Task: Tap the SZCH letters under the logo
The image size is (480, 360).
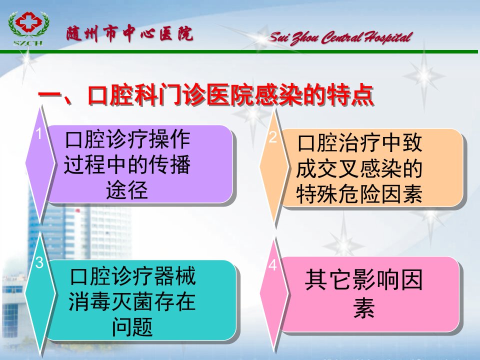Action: [28, 43]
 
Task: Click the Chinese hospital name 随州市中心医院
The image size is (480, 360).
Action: [129, 33]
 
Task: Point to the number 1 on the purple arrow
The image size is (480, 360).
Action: [38, 133]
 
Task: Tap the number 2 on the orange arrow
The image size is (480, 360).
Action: [272, 136]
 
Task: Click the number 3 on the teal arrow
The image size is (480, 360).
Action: [39, 262]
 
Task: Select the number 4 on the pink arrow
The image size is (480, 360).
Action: [272, 265]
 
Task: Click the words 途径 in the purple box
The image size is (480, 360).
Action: [127, 190]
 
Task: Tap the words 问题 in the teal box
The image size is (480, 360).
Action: [132, 326]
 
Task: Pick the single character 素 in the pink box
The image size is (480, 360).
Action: [363, 307]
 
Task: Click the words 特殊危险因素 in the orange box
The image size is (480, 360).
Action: [359, 194]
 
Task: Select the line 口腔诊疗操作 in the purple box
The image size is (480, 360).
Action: [127, 139]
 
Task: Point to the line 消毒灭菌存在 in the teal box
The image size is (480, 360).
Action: [132, 301]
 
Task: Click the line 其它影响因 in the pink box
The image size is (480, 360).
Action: [363, 279]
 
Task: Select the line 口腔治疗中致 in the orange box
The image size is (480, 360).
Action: [359, 143]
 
